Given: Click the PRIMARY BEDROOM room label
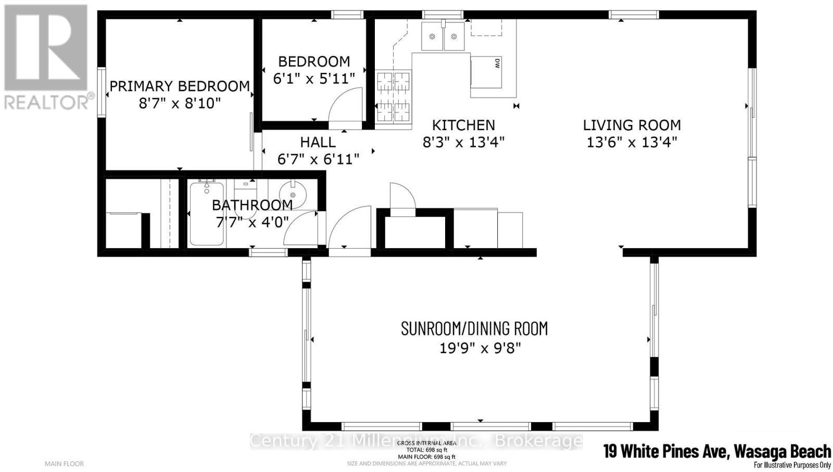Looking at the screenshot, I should pos(180,86).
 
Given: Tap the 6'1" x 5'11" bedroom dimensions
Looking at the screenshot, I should pos(314,79).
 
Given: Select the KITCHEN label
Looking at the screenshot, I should pos(463,125).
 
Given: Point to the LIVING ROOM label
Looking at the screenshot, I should pos(632,125).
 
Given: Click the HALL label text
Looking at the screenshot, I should pos(318,142).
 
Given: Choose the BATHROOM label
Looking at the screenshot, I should pos(252,205).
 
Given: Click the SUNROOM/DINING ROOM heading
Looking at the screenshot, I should pos(474,328).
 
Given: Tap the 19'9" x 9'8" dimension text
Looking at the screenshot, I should pos(480,348).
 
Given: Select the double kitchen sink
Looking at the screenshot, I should pos(443,36).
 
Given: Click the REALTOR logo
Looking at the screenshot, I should pos(47,57).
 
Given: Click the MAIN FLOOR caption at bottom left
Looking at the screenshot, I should pos(64,464).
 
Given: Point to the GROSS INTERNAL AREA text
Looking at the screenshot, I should pos(426,443).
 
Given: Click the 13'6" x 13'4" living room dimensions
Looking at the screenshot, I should pos(632,142).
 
